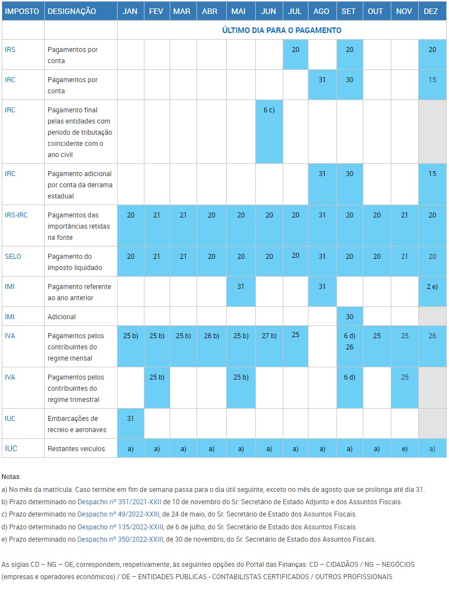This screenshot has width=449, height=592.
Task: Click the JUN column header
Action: [269, 11]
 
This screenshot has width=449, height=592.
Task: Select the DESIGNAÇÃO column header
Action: [72, 11]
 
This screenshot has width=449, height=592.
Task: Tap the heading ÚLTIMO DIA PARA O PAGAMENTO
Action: [282, 30]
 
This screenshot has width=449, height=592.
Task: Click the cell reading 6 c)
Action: [269, 110]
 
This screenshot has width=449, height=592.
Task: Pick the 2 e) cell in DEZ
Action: [432, 286]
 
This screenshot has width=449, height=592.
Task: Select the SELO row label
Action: [13, 256]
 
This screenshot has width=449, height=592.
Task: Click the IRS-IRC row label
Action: [16, 215]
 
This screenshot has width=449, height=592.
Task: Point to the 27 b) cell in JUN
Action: [269, 335]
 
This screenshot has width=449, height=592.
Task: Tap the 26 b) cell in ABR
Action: [211, 335]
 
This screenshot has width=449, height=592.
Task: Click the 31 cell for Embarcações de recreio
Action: [130, 418]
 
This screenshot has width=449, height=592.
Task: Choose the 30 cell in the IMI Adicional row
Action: [349, 316]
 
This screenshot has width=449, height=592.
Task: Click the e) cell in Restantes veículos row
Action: [404, 448]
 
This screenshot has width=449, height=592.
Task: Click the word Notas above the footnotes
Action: [11, 477]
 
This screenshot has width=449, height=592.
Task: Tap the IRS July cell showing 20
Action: [296, 49]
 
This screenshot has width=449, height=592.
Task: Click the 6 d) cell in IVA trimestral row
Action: [349, 377]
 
